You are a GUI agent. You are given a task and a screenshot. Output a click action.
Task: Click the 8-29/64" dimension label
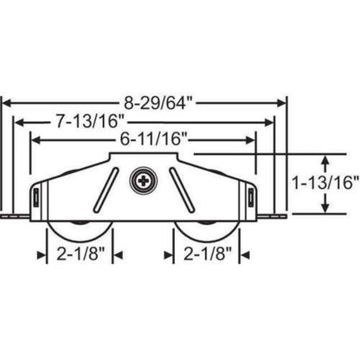tap(148, 101)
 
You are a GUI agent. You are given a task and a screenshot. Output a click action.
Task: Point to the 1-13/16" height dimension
tap(328, 182)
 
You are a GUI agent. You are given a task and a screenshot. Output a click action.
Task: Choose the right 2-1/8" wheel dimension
tap(209, 256)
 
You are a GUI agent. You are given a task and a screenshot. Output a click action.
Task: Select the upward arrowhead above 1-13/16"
tap(325, 157)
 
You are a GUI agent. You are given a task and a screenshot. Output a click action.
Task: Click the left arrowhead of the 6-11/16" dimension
tap(35, 138)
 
